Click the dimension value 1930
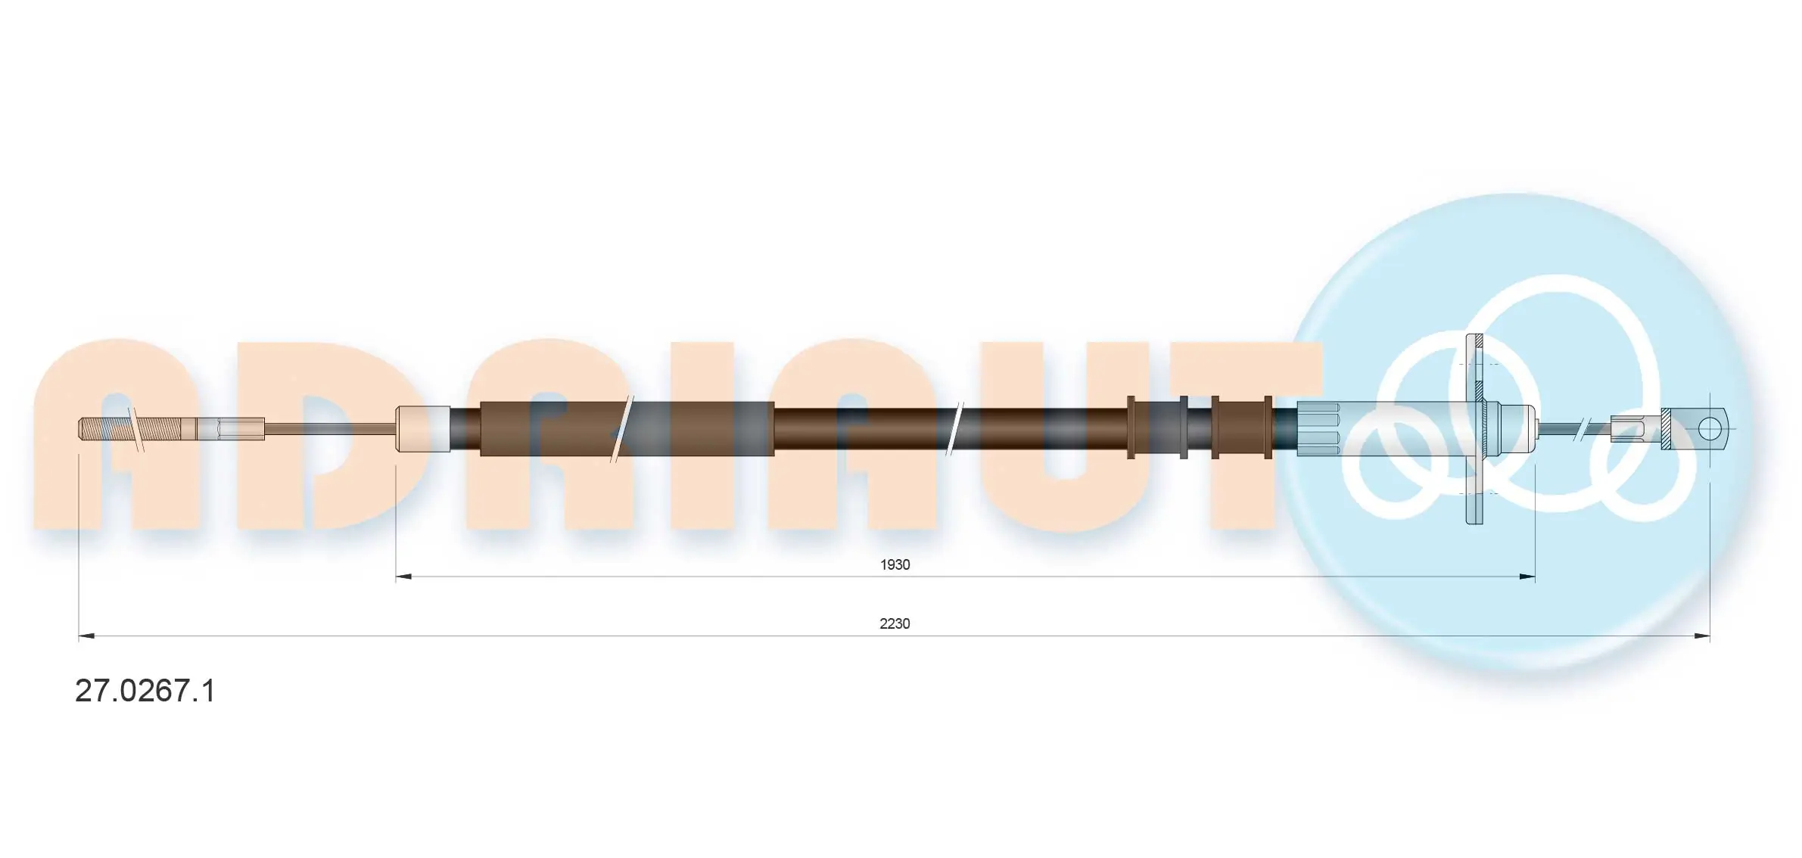coord(894,564)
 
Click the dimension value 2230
coord(894,623)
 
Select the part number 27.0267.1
coord(145,691)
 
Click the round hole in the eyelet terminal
coord(1709,429)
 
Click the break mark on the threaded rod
coord(136,429)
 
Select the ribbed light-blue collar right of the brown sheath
coord(1318,429)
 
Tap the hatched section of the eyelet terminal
coord(1666,429)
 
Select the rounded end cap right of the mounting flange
coord(1517,429)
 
